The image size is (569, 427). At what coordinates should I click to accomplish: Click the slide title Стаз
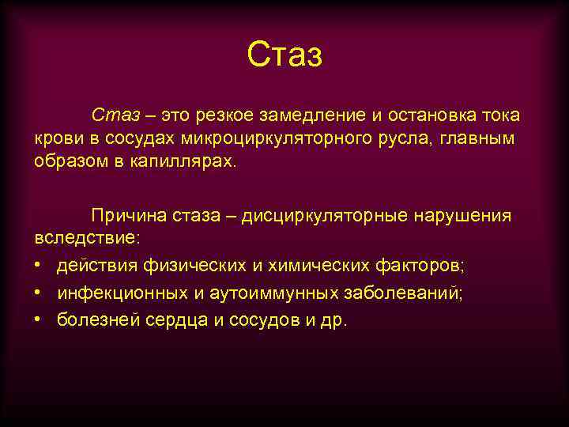click(x=284, y=55)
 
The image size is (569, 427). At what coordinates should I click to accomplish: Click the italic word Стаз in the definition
click(x=115, y=115)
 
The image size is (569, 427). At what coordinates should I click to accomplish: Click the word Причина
click(x=127, y=215)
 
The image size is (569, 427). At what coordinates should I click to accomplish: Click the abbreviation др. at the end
click(x=334, y=322)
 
